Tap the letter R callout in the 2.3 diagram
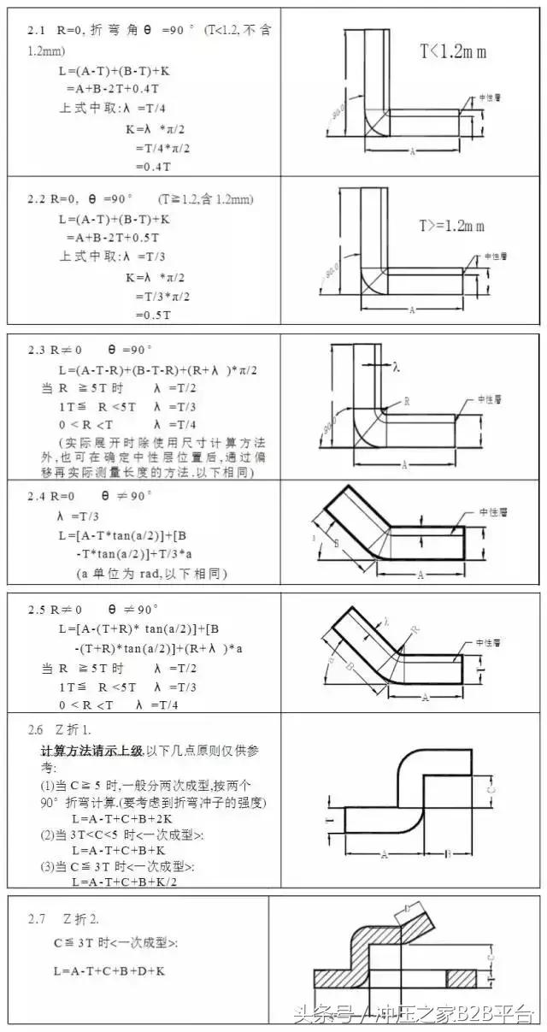tap(406, 400)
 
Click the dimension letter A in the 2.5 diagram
tap(425, 698)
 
